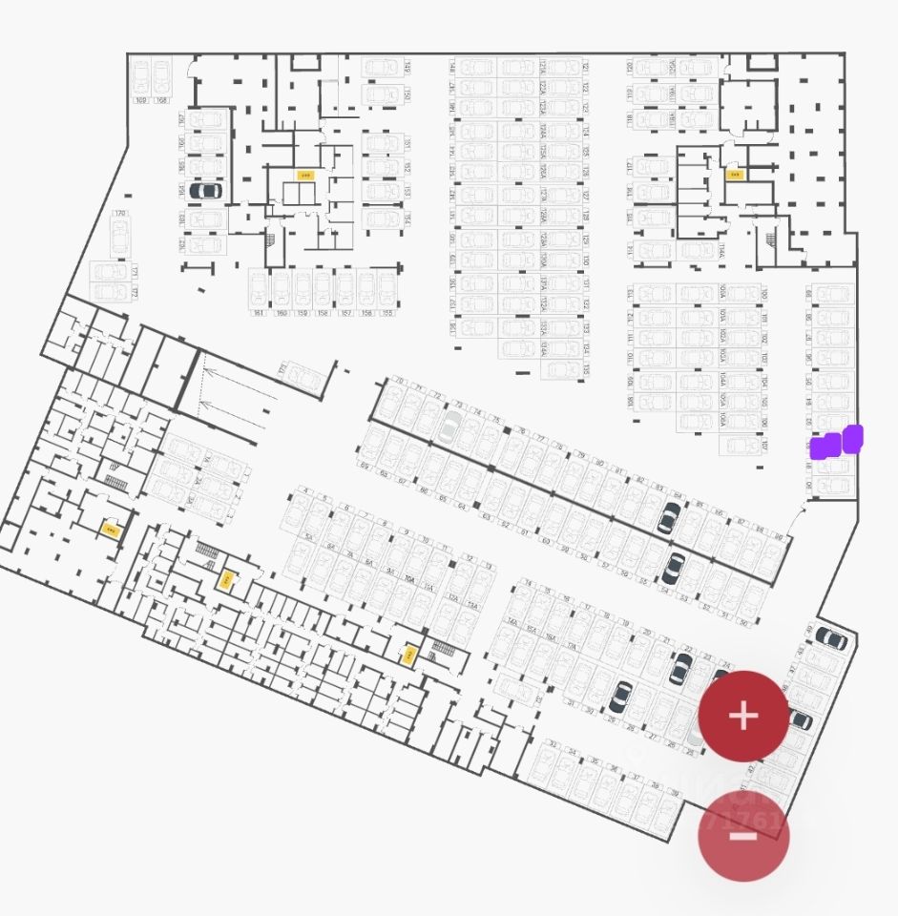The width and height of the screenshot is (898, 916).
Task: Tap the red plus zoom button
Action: click(743, 716)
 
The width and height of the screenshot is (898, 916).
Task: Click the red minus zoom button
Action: click(743, 837)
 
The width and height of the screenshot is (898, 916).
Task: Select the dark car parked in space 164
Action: click(205, 190)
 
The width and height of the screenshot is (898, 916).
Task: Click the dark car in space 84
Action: click(668, 518)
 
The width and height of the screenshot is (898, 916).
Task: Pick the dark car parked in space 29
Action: click(620, 696)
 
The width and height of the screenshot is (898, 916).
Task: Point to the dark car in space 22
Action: click(681, 668)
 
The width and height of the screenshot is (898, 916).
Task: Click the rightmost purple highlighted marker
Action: click(852, 438)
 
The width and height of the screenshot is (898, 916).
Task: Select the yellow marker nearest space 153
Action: click(305, 176)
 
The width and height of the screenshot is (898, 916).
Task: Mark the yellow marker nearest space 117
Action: click(734, 175)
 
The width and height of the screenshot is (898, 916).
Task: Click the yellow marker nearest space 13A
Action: click(409, 656)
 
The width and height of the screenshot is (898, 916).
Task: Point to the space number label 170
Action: click(119, 214)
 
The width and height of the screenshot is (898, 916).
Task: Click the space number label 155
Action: click(386, 313)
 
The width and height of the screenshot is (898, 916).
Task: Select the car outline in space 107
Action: click(739, 444)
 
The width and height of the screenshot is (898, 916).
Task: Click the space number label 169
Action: click(140, 99)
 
